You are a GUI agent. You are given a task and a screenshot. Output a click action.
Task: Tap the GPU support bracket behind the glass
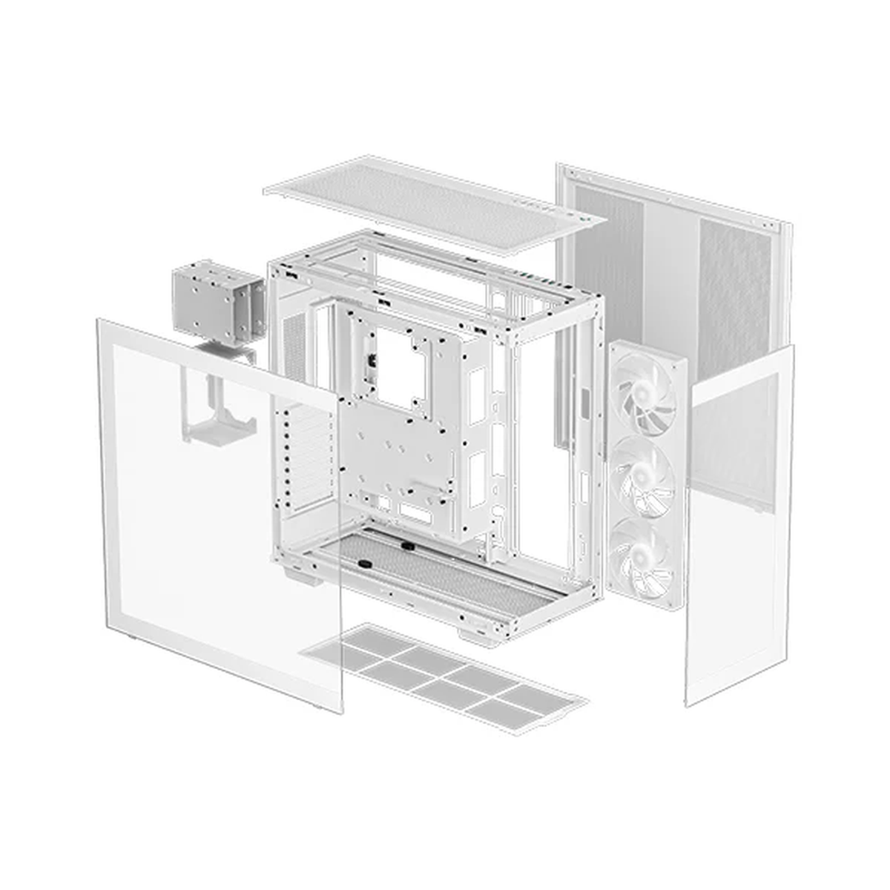pos(220,408)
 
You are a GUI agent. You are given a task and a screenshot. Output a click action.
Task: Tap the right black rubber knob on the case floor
pos(407,547)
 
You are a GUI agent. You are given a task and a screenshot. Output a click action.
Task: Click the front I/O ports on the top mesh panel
pos(549,207)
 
